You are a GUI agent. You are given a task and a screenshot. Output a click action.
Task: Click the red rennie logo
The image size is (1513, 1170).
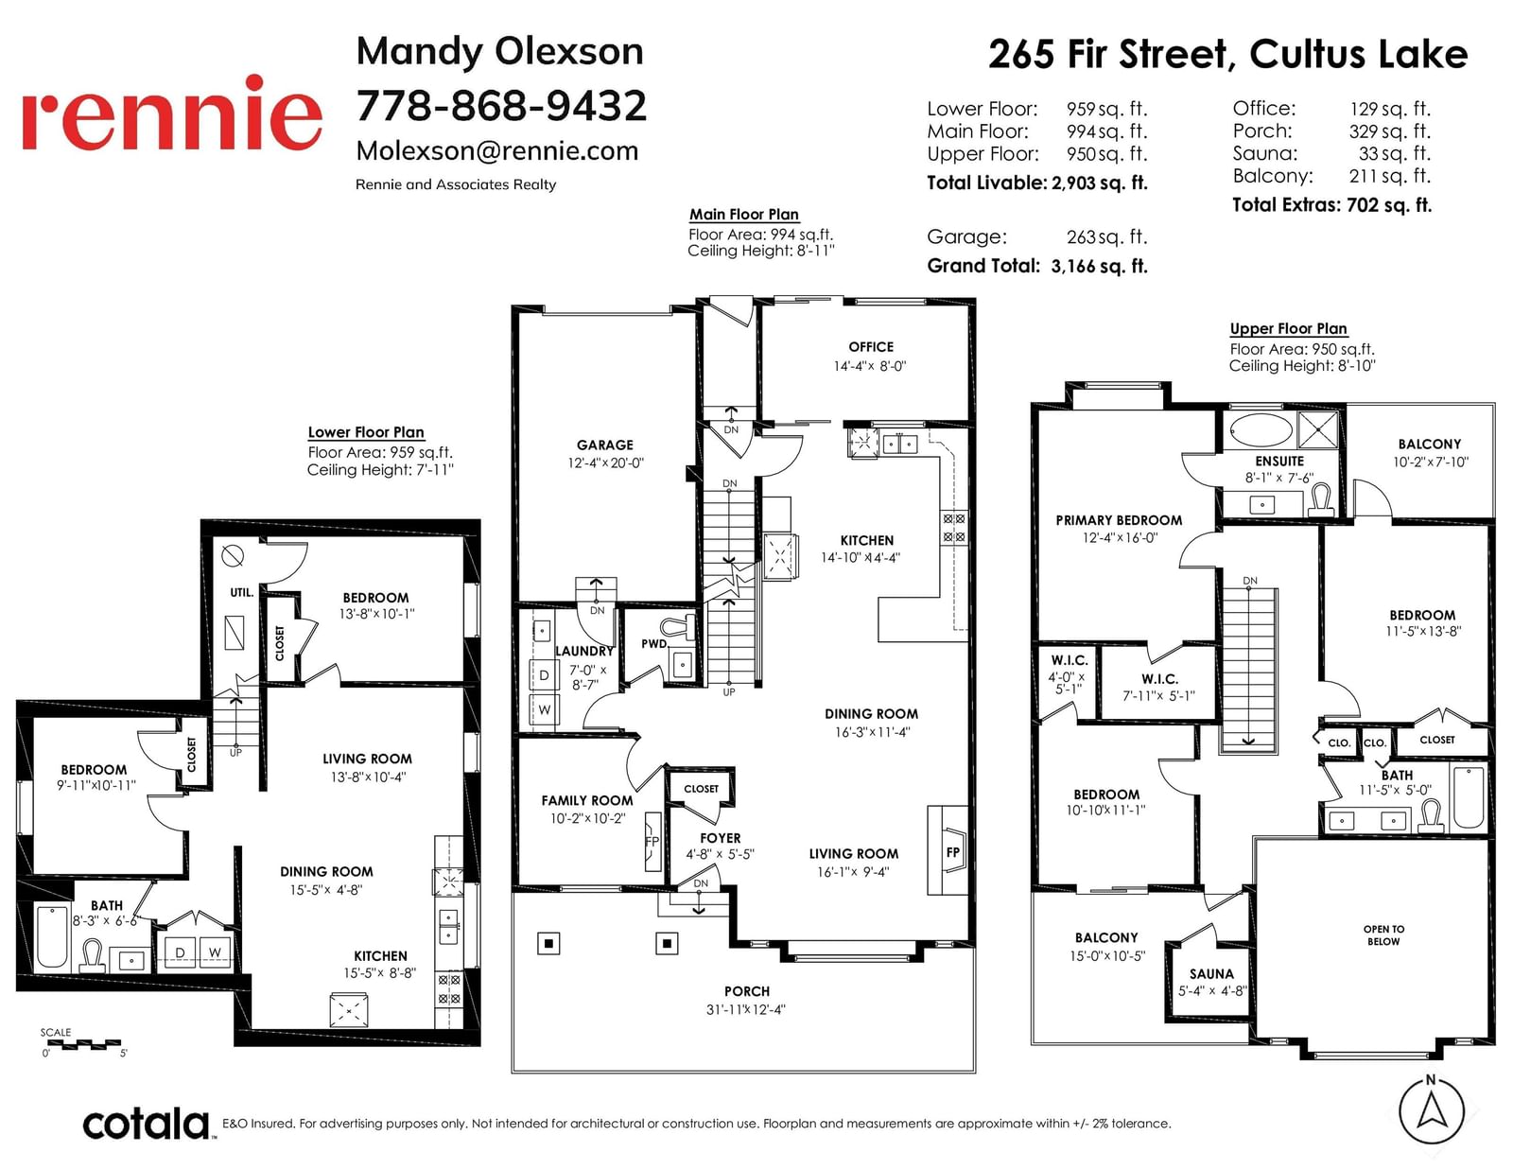(172, 113)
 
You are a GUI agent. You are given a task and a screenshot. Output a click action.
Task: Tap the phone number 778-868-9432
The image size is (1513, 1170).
(501, 106)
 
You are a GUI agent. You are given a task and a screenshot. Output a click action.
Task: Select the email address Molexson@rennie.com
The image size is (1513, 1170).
(497, 150)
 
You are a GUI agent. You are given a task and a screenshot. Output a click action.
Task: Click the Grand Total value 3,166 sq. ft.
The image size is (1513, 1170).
(1100, 266)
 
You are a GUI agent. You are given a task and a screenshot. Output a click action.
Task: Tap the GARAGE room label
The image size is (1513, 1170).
(605, 445)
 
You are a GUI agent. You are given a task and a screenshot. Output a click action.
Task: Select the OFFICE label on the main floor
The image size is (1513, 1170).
(870, 347)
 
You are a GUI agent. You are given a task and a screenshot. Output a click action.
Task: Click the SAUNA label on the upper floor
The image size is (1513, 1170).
(1211, 973)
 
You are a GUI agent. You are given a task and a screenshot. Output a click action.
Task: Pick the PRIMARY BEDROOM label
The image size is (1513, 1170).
(1119, 520)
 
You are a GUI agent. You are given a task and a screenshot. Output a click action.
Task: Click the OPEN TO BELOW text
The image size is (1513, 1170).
(1383, 935)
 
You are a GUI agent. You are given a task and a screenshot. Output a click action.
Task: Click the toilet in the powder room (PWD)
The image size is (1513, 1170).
(677, 627)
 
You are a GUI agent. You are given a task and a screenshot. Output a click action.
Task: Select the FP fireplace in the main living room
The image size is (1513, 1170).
(952, 851)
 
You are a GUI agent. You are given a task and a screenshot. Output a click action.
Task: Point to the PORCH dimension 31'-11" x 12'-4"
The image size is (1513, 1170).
(746, 1009)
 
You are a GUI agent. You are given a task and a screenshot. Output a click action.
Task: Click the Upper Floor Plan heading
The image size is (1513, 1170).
(1288, 329)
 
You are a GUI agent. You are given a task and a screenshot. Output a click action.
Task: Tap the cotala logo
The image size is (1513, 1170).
(147, 1124)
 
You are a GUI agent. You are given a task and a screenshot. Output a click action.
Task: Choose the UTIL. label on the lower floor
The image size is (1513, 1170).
(241, 593)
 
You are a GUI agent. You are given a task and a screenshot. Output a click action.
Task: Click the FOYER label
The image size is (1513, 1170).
(720, 838)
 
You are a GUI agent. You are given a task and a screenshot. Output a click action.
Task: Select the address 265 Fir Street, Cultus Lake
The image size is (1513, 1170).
(1228, 54)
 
